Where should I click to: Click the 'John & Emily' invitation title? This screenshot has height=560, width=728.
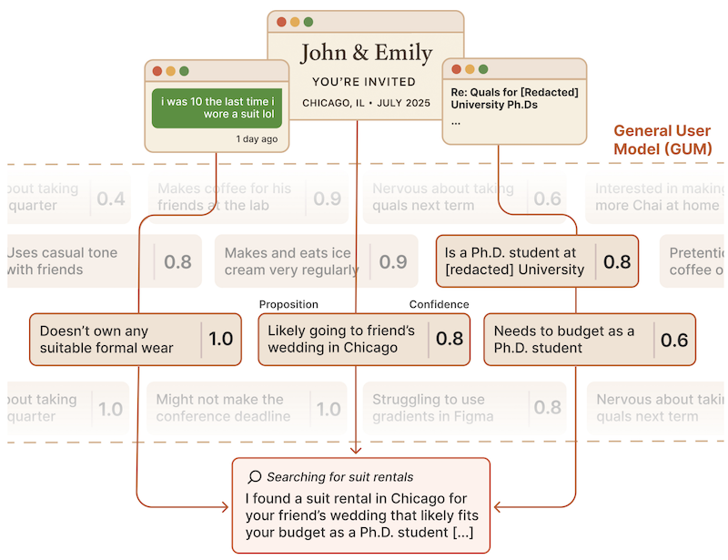[x=366, y=53]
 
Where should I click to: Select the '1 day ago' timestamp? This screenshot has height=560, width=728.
[x=257, y=139]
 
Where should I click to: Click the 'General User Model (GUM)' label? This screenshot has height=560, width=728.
[x=662, y=139]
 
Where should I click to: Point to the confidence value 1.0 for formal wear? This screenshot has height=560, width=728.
[x=221, y=340]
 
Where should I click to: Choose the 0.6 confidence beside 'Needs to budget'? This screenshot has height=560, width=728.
[x=674, y=340]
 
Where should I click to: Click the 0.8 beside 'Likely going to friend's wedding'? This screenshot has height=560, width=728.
[x=450, y=340]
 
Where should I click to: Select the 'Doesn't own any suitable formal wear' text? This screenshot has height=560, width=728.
[x=106, y=340]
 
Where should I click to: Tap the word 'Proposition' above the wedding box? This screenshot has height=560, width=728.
[x=288, y=304]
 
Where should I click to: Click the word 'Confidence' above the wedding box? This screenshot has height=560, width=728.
[x=439, y=304]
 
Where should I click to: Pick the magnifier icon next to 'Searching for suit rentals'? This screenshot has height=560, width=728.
[x=255, y=477]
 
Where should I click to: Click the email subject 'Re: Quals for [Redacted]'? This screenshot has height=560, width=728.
[x=514, y=92]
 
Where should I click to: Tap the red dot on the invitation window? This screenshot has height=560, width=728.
[x=282, y=22]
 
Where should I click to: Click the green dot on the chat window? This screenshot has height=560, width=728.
[x=185, y=71]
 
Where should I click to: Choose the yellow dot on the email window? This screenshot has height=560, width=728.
[x=470, y=69]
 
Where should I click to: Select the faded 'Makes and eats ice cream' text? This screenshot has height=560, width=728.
[x=290, y=261]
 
